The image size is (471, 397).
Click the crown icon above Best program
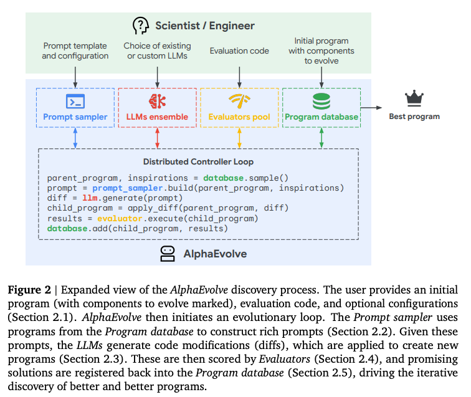point(414,98)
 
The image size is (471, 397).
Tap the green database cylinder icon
point(321,102)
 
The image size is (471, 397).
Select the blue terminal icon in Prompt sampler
point(75,102)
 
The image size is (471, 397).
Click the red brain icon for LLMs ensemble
point(157,101)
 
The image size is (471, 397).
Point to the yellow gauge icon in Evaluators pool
point(239,101)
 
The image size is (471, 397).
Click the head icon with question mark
point(141,26)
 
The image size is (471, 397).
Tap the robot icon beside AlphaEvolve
point(168,254)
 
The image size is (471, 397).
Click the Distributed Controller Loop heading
point(198,161)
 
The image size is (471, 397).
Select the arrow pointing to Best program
point(371,107)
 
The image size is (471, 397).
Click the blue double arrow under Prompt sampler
point(75,138)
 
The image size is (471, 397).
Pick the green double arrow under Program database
point(321,138)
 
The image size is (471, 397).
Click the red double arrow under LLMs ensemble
point(157,138)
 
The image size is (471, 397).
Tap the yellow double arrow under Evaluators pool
point(239,138)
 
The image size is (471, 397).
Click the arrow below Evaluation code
point(239,77)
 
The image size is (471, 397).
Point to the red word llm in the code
point(90,198)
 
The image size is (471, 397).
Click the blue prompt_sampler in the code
point(127,188)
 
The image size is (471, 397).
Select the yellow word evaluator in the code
point(120,219)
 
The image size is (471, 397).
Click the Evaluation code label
point(239,50)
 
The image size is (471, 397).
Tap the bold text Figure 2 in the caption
point(29,290)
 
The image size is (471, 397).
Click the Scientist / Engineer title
point(205,26)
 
